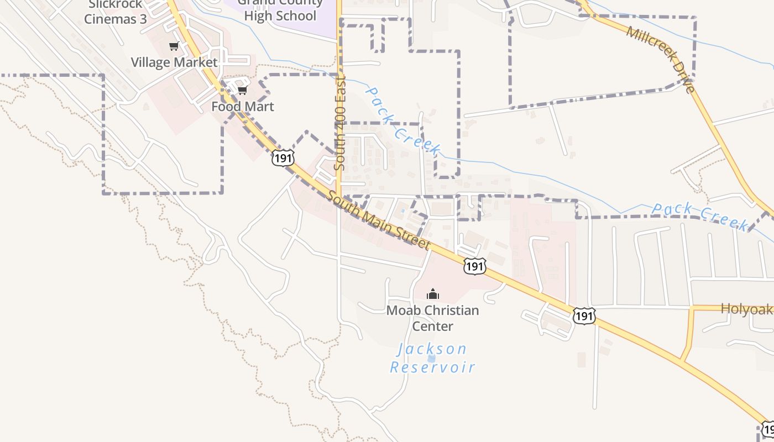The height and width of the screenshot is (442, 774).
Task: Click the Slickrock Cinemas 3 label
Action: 116,12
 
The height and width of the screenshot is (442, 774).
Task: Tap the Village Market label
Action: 174,62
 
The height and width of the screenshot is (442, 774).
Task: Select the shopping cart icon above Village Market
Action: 174,46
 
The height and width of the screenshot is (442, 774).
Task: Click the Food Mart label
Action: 243,107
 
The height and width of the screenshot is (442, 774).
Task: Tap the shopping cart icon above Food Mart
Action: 242,90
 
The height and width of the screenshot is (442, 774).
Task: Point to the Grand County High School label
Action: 280,10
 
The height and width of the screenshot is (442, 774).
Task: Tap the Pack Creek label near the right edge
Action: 699,215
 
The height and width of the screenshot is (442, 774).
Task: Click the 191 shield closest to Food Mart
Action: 282,158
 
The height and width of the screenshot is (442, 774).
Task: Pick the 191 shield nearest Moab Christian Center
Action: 475,266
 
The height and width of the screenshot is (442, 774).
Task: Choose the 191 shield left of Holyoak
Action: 584,316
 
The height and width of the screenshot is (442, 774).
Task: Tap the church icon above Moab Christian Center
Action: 433,294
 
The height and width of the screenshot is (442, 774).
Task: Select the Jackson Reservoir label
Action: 432,358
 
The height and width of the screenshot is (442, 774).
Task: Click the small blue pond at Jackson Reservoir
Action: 432,358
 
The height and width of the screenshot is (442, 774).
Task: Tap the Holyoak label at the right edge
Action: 746,309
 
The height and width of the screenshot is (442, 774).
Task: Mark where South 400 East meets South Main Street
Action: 338,196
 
